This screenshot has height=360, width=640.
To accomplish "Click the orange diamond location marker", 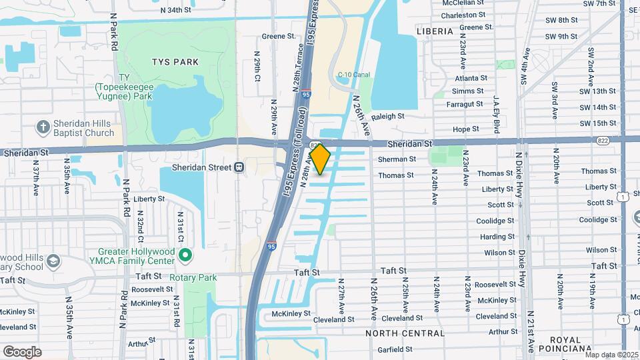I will tap(320, 159).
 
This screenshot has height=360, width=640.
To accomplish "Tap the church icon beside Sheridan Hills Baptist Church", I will tap(43, 127).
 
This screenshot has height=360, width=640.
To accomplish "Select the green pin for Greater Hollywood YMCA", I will tap(185, 255).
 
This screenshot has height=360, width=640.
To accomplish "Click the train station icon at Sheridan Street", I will tap(239, 167).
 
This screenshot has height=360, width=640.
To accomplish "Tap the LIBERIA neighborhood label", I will tap(434, 31).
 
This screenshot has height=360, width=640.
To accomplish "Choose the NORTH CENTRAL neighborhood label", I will tap(405, 333).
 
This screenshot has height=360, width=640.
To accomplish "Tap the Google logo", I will tap(22, 351).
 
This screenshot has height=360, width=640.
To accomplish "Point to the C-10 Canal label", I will tap(353, 75).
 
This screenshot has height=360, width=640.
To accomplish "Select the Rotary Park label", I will tap(193, 277).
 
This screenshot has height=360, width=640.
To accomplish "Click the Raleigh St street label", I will tap(388, 116).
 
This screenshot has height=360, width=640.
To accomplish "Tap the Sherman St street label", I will tap(397, 159).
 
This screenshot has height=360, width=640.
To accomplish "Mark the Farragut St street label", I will tap(467, 104).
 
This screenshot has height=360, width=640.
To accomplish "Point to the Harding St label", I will tap(497, 237).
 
